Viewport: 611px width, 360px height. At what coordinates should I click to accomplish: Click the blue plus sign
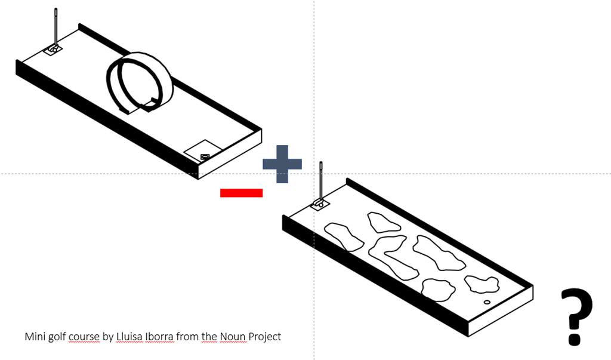(x=282, y=164)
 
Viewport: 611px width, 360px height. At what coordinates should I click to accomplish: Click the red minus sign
(x=241, y=192)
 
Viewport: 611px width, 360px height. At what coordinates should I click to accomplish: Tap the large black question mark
(x=576, y=316)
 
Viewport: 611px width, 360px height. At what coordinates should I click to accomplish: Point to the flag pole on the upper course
(x=55, y=27)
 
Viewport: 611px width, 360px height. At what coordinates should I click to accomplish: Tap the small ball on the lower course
(x=487, y=303)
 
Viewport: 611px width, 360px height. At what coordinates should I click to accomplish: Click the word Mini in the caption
(x=35, y=337)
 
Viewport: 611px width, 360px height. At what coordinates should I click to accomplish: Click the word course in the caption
(x=84, y=337)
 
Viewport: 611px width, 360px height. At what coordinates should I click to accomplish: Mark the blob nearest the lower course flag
(x=343, y=236)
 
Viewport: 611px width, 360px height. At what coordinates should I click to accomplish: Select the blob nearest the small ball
(x=482, y=284)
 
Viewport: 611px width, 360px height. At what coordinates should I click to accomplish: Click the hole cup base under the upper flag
(x=53, y=50)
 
